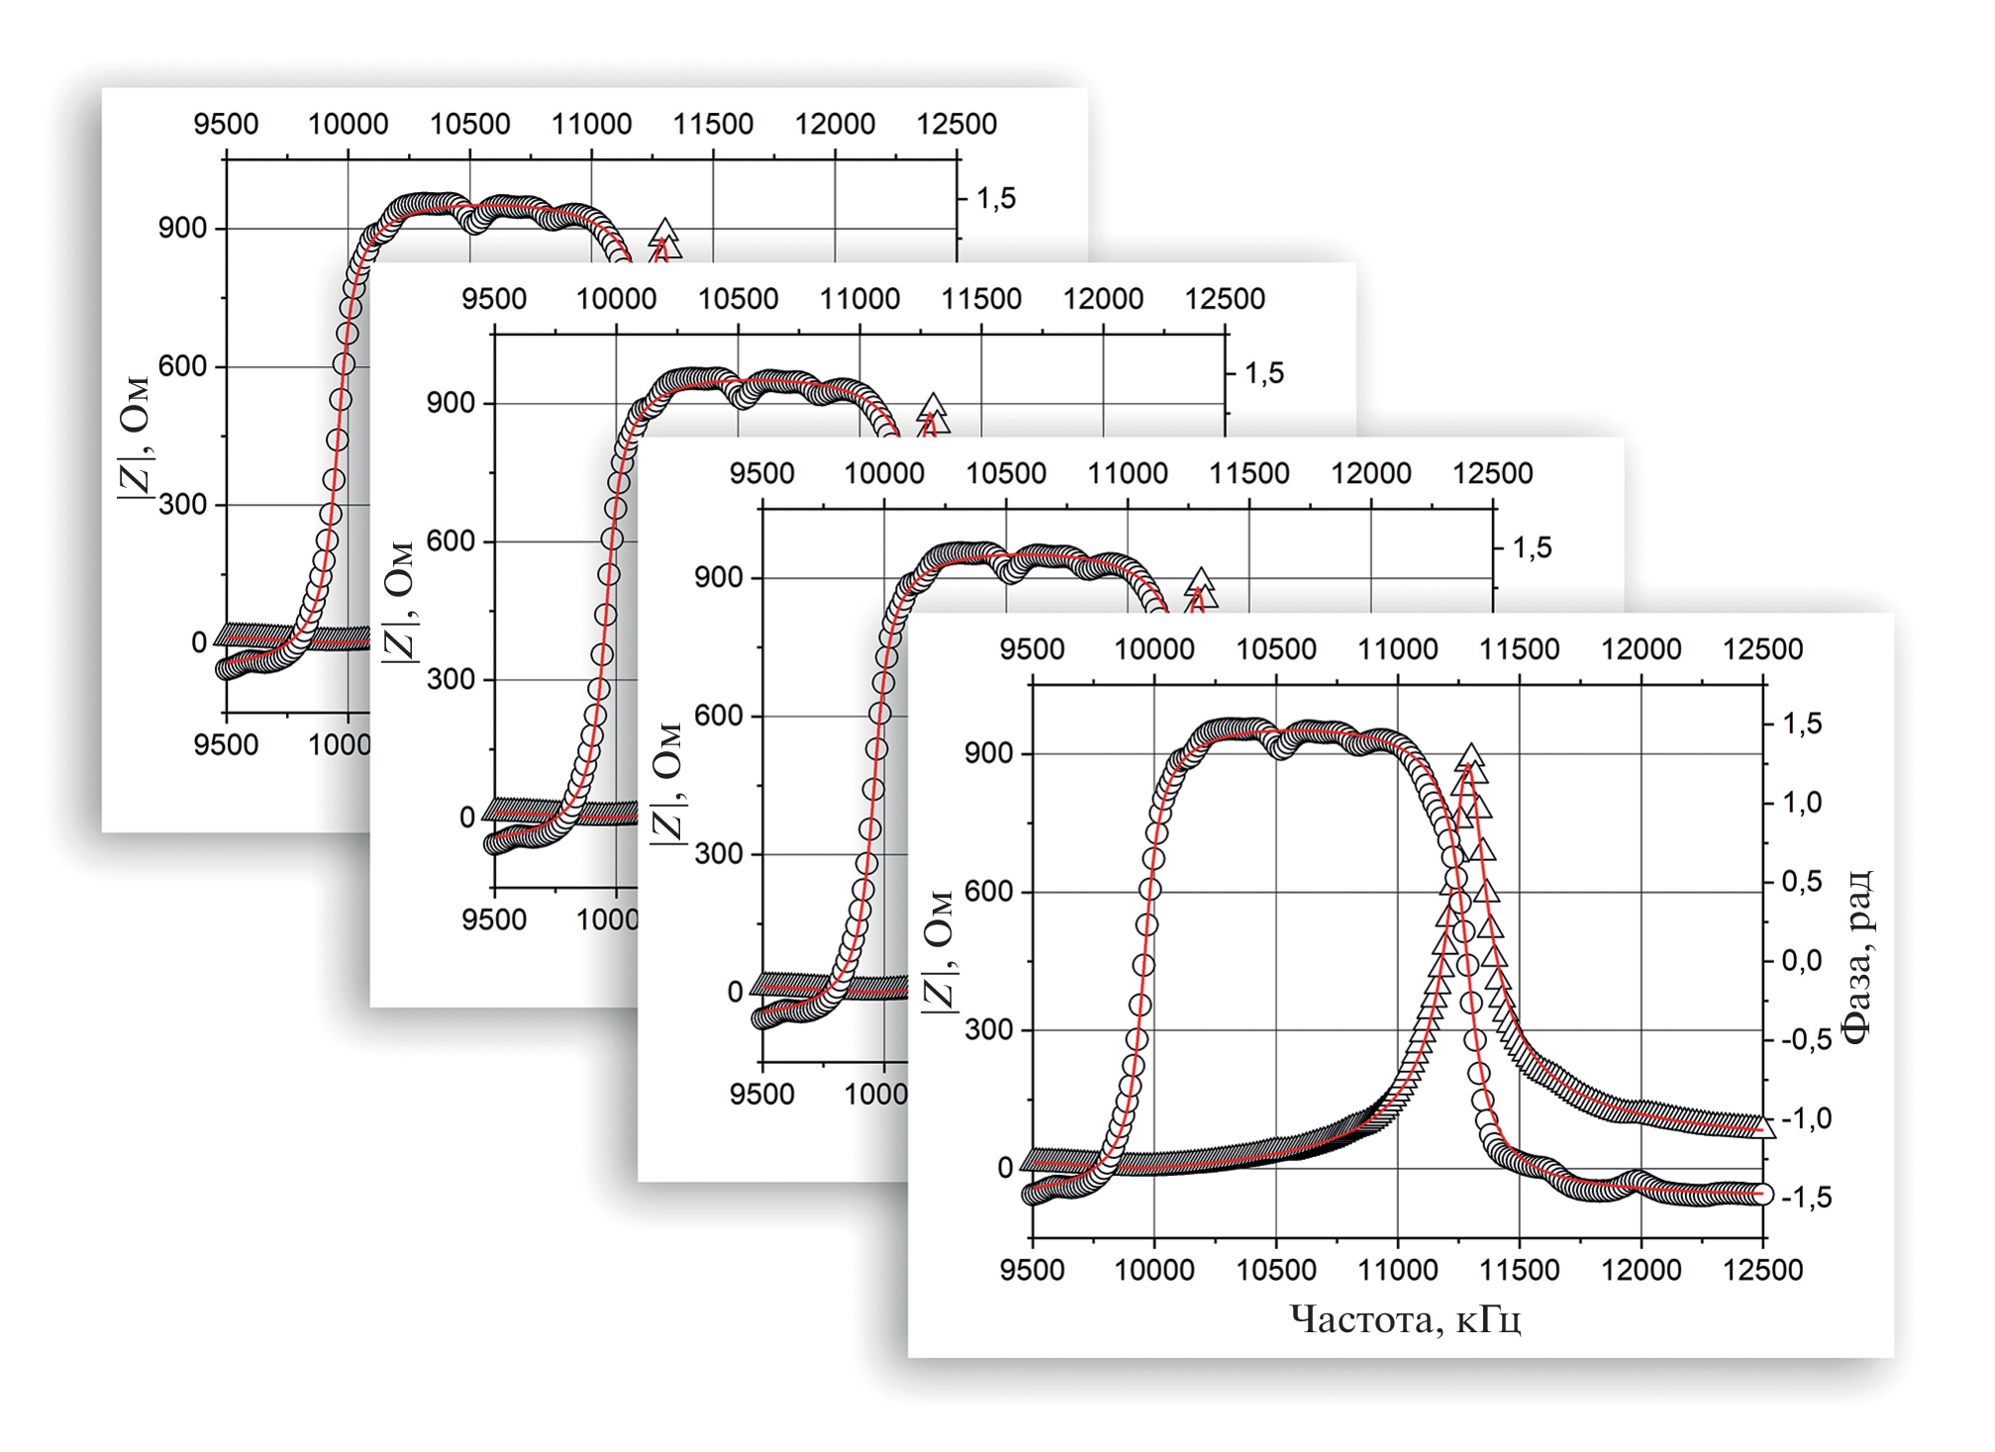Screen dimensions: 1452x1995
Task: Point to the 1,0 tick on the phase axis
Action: coord(1802,802)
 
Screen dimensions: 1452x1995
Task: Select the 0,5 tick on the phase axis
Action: coord(1802,881)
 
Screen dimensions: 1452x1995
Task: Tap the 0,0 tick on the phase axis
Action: coord(1802,960)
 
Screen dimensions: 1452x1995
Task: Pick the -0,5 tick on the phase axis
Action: coord(1805,1039)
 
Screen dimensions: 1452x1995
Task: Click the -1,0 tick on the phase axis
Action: coord(1805,1118)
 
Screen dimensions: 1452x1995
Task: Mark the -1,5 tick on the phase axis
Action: coord(1805,1198)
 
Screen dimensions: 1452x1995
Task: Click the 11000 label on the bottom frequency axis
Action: coord(1397,1270)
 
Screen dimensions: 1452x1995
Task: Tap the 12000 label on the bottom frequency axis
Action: coord(1641,1270)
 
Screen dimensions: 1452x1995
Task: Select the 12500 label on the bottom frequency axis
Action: coord(1762,1270)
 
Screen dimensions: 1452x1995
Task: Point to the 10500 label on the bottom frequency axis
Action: coord(1275,1270)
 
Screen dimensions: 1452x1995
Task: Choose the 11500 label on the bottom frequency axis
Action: coord(1519,1270)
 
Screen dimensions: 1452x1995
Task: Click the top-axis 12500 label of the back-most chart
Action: coord(956,124)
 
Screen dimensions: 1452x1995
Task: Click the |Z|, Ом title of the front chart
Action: coord(938,950)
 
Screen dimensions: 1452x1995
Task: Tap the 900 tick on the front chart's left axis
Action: coord(988,753)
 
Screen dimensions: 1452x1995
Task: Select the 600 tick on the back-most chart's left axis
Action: coord(182,366)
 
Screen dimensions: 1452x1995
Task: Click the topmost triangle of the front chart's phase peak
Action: coord(1471,758)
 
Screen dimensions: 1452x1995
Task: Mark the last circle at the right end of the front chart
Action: coord(1761,1194)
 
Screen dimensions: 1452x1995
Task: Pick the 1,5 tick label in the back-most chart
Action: coord(996,198)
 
